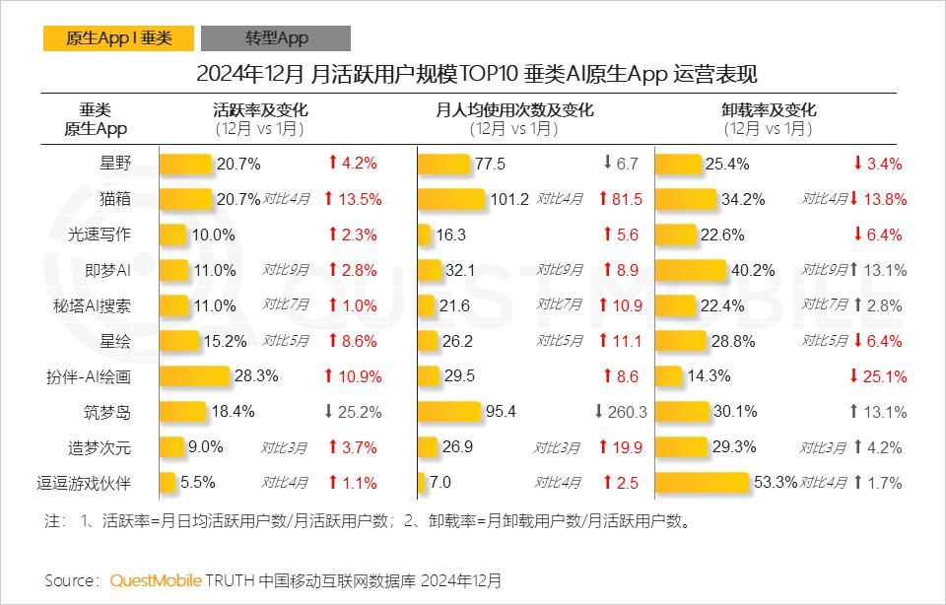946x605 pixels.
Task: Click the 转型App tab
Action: pos(276,38)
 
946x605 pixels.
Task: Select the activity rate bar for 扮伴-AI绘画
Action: pos(194,376)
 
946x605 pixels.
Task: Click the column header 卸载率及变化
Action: pos(769,110)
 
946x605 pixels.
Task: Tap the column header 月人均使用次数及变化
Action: pos(514,110)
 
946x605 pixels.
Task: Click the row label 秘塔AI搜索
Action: pos(98,305)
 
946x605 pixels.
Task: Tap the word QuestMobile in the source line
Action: pos(156,579)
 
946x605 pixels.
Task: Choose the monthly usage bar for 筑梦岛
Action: pos(449,412)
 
